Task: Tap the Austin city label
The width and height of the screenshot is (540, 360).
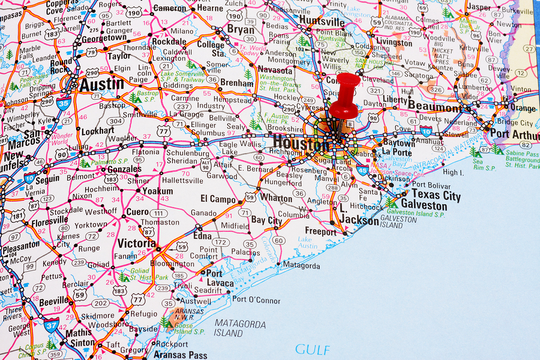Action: (102, 85)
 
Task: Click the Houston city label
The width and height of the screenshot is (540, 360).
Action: (301, 143)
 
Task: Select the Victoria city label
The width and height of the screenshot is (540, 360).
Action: (137, 244)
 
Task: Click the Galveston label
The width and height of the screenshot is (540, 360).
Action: (424, 205)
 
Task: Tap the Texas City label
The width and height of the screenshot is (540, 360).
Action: (436, 194)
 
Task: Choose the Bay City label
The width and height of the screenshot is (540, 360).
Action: (266, 221)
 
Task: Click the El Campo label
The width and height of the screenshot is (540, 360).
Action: (218, 199)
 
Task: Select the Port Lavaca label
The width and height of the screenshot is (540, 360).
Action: (219, 278)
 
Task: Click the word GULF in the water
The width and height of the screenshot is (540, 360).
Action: (312, 349)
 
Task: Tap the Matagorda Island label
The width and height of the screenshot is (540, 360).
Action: (240, 328)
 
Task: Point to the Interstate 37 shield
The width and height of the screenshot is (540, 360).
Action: (51, 326)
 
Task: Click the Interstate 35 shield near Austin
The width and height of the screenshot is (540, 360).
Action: (63, 103)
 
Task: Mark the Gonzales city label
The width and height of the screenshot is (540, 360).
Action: (124, 169)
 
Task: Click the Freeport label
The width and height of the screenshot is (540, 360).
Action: (321, 232)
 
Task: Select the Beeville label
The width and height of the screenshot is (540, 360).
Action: (54, 301)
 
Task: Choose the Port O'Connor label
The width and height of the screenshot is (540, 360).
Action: (256, 299)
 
